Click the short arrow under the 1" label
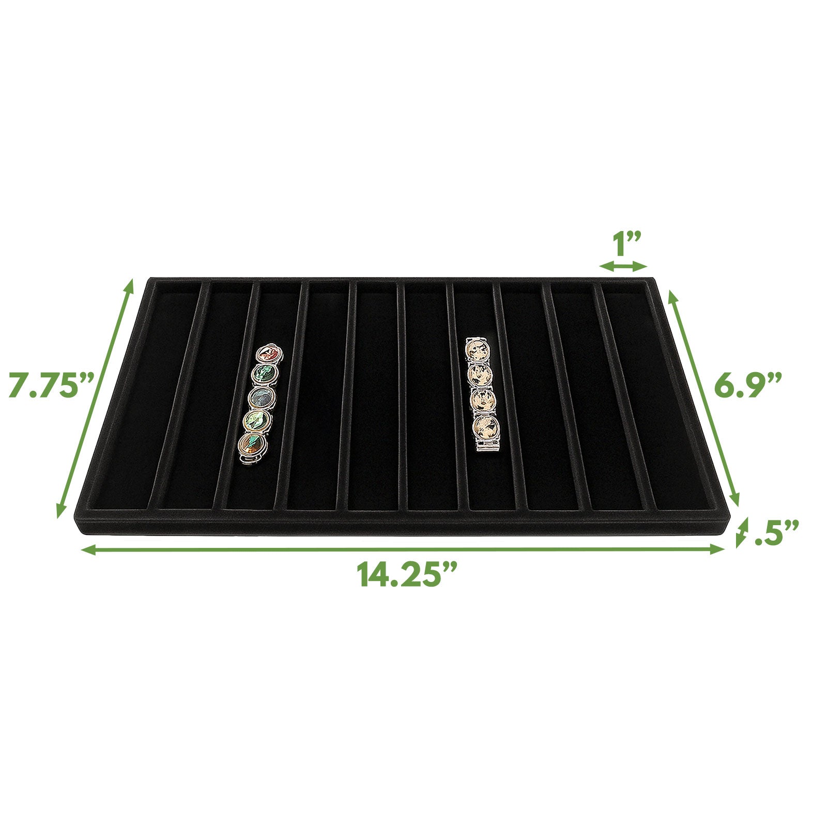623,266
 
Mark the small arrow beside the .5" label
742,532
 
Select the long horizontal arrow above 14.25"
403,549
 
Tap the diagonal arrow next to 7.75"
95,398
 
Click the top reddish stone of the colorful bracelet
268,355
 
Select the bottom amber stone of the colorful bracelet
252,445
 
